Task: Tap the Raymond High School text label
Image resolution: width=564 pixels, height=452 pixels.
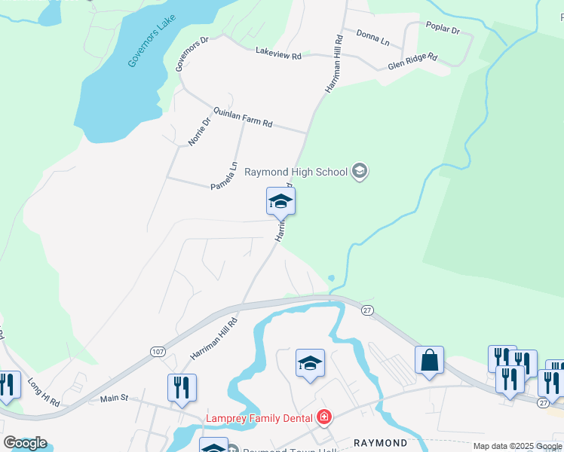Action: coord(296,172)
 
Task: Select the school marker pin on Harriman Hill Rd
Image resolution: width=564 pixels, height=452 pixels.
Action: coord(280,202)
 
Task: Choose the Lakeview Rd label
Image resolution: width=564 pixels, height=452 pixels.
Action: coord(278,55)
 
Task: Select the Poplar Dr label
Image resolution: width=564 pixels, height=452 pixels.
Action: coord(443,30)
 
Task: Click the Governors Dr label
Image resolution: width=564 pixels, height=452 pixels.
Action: coord(189,54)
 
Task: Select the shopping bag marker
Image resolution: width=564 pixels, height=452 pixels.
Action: coord(429,361)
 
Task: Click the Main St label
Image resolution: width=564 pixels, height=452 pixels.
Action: coord(115,398)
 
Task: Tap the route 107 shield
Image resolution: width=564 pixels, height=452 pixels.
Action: coord(157,352)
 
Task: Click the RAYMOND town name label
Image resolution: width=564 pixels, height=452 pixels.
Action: coord(381,443)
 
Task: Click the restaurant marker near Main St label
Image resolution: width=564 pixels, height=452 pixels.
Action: coord(182,388)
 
